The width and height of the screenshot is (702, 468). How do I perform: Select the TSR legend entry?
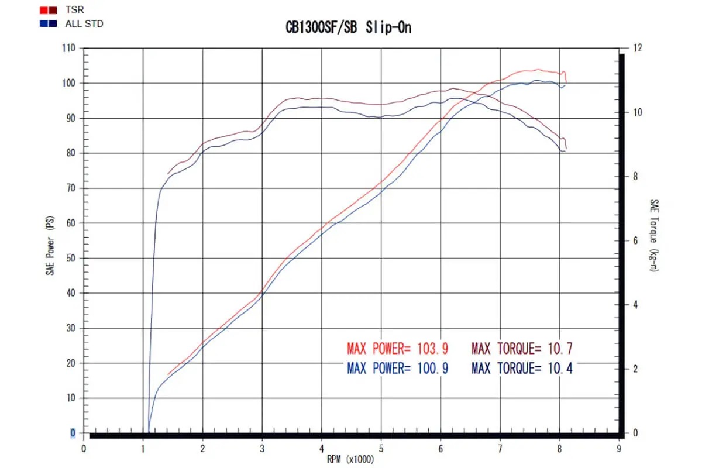pos(75,10)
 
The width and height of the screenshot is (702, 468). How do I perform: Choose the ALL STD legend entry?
pos(85,23)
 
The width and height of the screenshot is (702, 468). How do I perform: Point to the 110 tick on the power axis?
pos(70,48)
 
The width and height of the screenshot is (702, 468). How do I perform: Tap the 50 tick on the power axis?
pos(71,258)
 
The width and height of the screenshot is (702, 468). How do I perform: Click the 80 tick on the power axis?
pos(71,153)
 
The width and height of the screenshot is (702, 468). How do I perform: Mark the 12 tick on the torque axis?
pos(637,48)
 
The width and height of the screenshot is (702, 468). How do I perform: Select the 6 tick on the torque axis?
pos(635,241)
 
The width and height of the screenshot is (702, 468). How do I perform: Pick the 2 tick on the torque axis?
pos(635,369)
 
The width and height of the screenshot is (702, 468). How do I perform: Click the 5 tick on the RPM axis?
pos(381,449)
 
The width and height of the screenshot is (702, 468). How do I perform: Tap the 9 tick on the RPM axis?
pos(619,449)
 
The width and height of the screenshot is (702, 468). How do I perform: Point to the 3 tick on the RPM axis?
pos(262,449)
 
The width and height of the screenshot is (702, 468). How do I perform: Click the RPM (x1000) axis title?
pos(351,459)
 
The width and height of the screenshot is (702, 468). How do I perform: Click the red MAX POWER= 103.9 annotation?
pos(397,349)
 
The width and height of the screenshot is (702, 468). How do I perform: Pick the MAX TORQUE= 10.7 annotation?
pos(522,349)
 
